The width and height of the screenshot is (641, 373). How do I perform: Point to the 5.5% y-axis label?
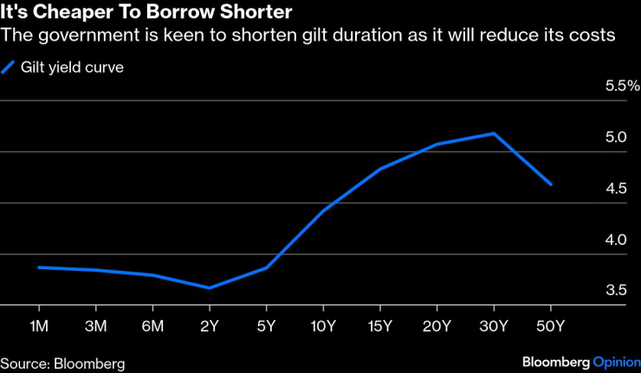621,86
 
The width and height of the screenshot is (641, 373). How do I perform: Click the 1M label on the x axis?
40,326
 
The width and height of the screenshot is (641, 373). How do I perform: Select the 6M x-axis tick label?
153,326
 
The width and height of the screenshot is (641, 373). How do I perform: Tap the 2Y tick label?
210,326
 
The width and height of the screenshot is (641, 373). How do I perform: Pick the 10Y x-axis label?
323,326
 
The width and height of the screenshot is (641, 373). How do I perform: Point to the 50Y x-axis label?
550,326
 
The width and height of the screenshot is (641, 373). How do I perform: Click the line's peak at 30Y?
494,133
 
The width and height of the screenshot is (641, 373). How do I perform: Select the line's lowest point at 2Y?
210,288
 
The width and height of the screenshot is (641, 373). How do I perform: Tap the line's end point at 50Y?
551,184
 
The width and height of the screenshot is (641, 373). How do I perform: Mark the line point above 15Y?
380,169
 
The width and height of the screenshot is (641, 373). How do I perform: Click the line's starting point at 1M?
40,267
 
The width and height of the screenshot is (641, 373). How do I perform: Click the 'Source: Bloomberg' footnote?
62,363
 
